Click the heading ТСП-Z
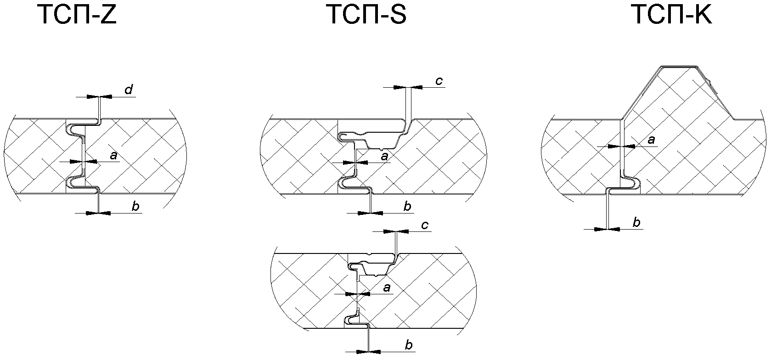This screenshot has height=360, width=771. click(x=77, y=15)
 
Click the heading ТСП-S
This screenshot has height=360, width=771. click(x=366, y=15)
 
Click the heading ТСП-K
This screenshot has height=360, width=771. click(x=672, y=15)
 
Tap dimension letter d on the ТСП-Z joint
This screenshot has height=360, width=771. click(x=129, y=90)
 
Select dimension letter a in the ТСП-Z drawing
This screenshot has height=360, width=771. click(x=114, y=156)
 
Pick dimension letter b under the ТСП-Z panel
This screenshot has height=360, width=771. click(x=135, y=207)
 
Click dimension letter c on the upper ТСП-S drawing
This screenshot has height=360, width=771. click(x=439, y=81)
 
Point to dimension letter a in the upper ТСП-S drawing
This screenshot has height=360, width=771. click(x=385, y=157)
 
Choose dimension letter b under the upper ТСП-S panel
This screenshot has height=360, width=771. click(x=407, y=207)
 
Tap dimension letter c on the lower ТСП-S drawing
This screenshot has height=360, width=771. click(x=425, y=225)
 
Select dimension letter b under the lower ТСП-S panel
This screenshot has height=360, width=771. click(x=409, y=345)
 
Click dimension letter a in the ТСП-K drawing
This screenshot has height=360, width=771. click(x=651, y=140)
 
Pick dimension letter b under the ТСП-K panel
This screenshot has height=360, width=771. click(x=636, y=223)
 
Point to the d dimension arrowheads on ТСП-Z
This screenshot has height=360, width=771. click(x=99, y=96)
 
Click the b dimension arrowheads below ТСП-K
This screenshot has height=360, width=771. click(x=607, y=228)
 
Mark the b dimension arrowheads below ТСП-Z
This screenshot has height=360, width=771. click(x=99, y=213)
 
